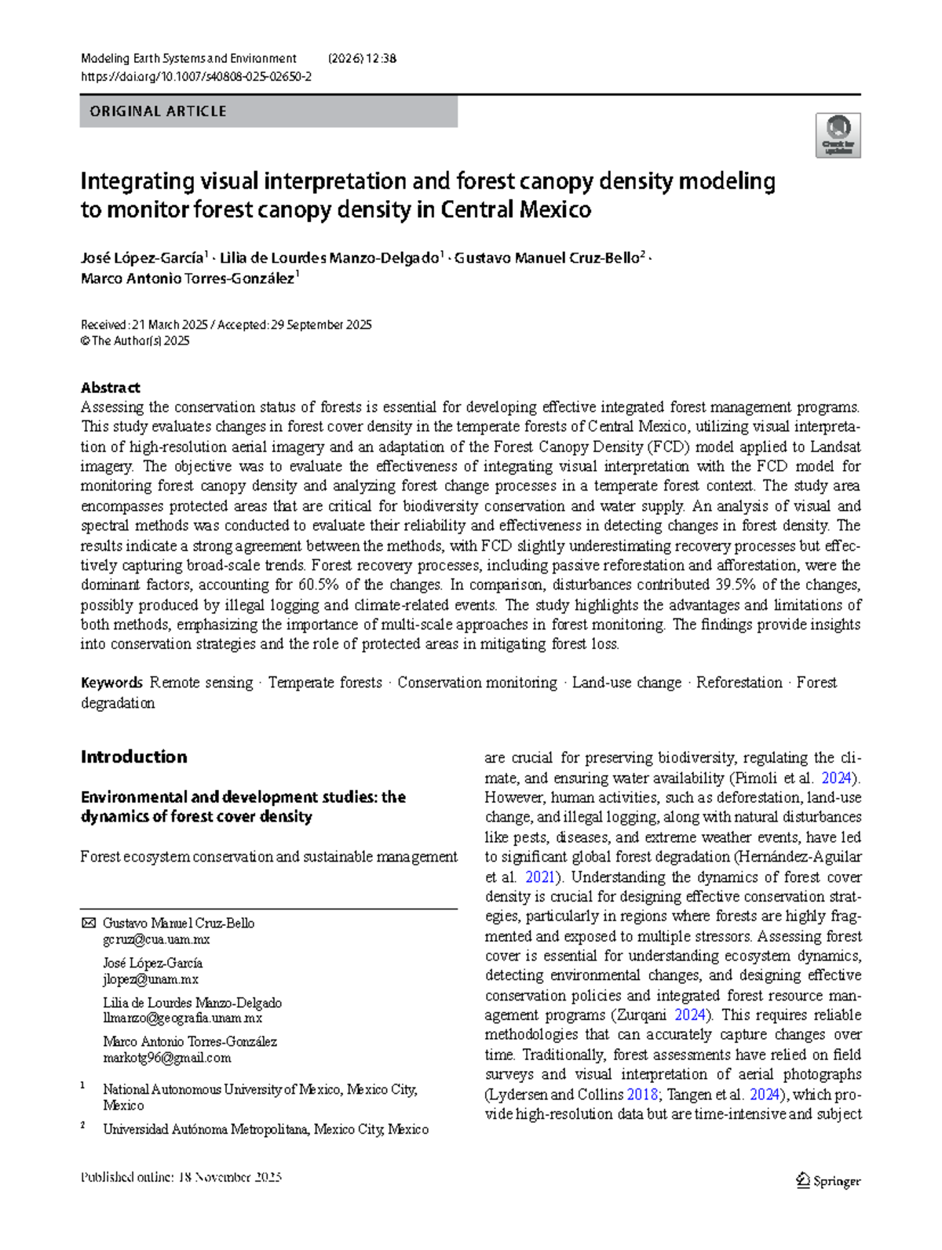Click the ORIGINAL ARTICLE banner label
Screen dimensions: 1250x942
158,111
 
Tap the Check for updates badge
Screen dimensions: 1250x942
838,136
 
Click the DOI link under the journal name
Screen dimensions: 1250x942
196,77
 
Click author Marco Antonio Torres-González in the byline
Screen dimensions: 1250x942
188,279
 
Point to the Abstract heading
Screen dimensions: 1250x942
110,388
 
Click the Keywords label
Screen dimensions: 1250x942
111,683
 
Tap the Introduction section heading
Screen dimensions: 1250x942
133,757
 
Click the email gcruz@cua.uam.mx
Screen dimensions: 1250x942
156,940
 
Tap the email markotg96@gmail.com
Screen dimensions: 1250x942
166,1058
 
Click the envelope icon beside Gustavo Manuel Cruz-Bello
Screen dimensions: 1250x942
88,924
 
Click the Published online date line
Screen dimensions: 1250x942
181,1178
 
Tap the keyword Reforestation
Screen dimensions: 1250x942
739,683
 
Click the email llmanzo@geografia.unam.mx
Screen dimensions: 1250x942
182,1019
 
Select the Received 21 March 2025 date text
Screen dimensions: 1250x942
144,325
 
